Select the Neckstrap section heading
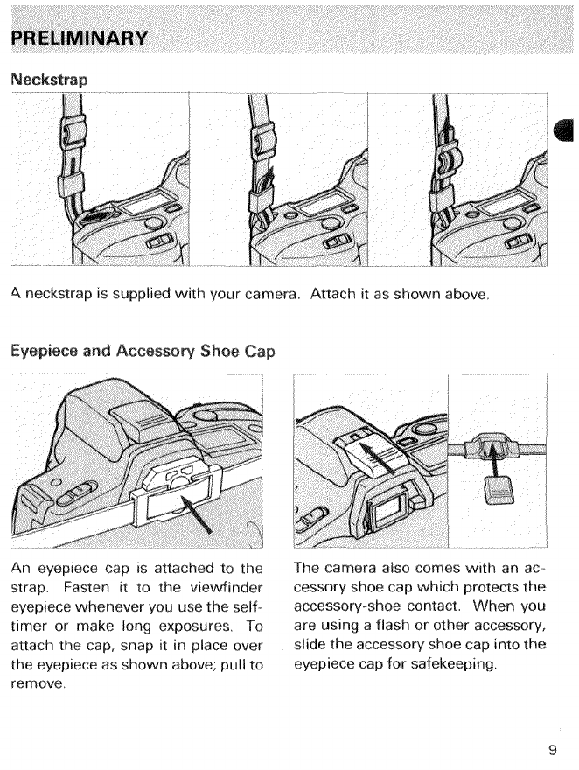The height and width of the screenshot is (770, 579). click(50, 78)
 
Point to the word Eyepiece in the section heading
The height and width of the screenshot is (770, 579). click(45, 353)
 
